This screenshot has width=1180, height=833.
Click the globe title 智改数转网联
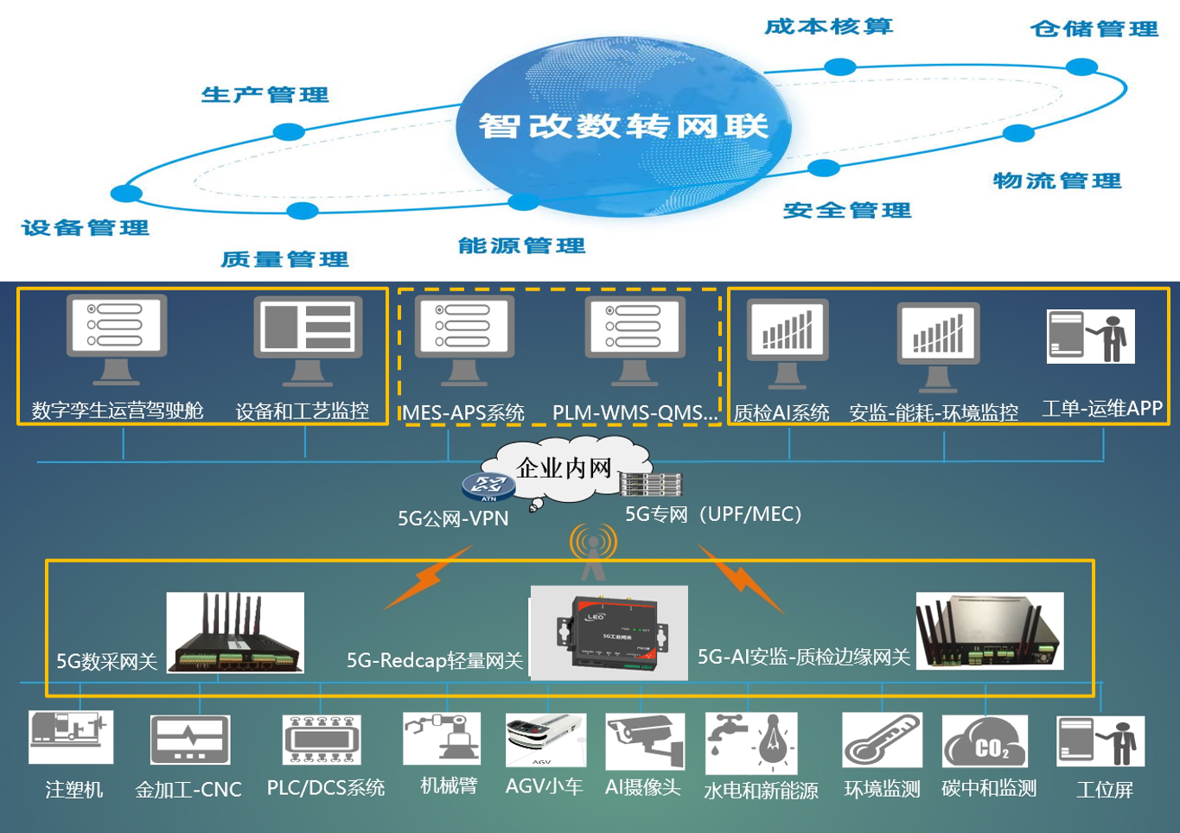[x=623, y=126]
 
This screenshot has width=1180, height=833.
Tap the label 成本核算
[x=828, y=27]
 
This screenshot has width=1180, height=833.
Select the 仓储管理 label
[x=1094, y=29]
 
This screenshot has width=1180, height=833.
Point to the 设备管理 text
[x=85, y=228]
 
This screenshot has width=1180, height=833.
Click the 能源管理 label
[x=521, y=246]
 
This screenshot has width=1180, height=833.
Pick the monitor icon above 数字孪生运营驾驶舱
[x=117, y=337]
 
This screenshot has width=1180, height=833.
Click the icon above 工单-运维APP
[x=1090, y=336]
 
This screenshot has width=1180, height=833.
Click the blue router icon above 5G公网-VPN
[x=488, y=486]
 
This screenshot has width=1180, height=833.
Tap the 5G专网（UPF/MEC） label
[x=713, y=515]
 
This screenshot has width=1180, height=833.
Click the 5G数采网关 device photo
[x=235, y=633]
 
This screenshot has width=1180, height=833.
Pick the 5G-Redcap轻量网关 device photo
[x=609, y=633]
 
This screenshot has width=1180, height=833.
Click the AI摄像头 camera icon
[x=644, y=741]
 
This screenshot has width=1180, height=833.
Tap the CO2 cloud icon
[x=985, y=741]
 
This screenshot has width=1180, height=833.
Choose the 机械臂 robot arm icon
[x=442, y=739]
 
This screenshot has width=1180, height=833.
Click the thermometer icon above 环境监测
[x=882, y=741]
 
